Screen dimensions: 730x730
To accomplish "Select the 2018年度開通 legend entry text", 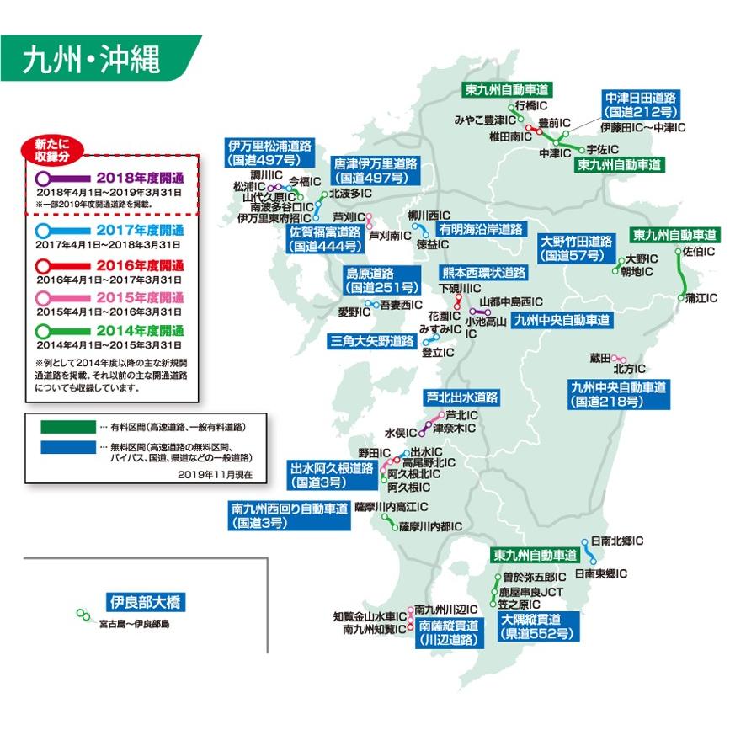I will tap(140, 179).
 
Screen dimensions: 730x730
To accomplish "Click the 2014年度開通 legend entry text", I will tap(140, 330).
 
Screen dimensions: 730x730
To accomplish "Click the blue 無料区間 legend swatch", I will tap(64, 447).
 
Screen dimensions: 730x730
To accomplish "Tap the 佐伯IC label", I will tap(699, 251).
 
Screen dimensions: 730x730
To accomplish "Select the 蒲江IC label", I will tap(701, 297).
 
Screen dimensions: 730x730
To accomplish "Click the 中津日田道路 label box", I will tap(642, 104).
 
